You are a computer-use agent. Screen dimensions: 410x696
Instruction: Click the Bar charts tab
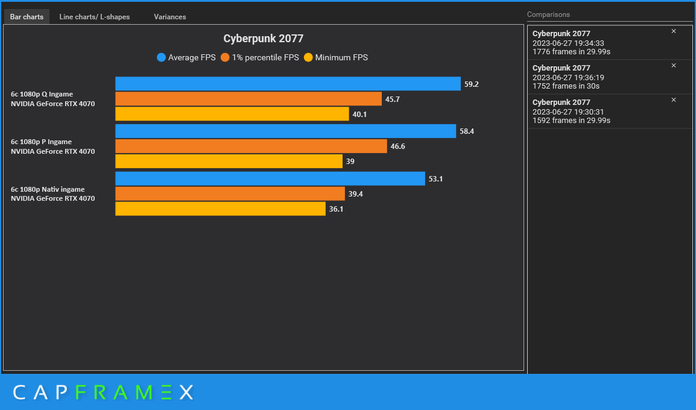(x=27, y=17)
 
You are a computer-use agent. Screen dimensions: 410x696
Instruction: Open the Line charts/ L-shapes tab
(x=94, y=17)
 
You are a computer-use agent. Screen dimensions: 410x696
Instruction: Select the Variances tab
(x=169, y=17)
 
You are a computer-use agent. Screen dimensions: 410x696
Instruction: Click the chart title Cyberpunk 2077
(x=263, y=39)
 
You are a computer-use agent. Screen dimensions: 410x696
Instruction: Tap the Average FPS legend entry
(x=186, y=58)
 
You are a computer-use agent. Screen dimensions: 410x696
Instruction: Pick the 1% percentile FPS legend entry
(x=260, y=58)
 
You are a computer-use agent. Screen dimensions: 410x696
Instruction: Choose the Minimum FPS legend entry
(x=336, y=58)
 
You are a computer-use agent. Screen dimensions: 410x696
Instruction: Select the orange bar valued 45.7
(x=248, y=99)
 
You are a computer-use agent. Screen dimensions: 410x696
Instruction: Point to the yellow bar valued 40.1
(x=232, y=114)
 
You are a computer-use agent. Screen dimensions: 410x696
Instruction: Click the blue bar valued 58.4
(x=285, y=131)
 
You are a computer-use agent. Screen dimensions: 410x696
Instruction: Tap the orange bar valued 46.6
(x=250, y=147)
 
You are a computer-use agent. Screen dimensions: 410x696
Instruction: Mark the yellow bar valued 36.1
(x=220, y=209)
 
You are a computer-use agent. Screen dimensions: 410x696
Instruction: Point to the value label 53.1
(x=435, y=179)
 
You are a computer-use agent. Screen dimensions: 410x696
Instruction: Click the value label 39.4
(x=355, y=194)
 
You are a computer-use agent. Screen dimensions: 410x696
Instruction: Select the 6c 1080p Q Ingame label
(x=42, y=94)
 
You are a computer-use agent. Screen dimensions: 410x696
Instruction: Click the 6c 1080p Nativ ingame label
(x=48, y=189)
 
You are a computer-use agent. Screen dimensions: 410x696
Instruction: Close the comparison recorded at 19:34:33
(x=674, y=31)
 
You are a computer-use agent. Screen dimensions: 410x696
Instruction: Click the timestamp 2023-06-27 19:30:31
(x=568, y=112)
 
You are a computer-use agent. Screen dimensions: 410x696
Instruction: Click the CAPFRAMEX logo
(x=103, y=393)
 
